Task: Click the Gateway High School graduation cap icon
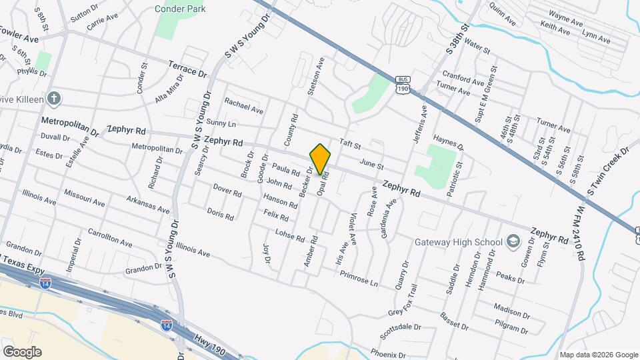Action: click(513, 241)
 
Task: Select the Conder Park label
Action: click(181, 9)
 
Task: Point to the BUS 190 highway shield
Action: click(402, 83)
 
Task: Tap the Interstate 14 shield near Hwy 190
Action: click(167, 325)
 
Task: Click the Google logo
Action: click(21, 351)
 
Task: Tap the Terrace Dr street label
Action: click(187, 70)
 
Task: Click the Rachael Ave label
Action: click(243, 104)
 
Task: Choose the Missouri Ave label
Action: click(84, 197)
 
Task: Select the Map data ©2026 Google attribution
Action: click(598, 355)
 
